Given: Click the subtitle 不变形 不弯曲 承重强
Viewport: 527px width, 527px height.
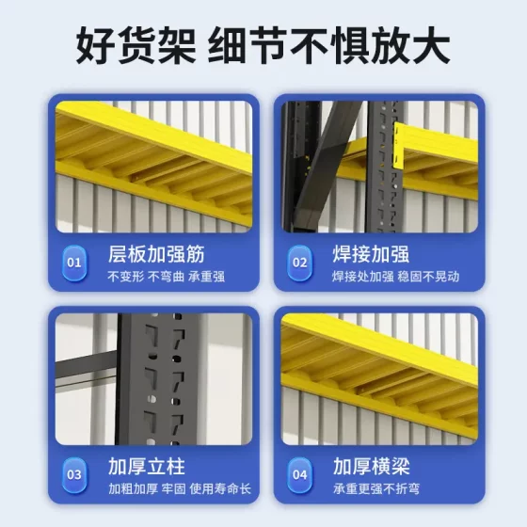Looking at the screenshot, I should click(153, 277).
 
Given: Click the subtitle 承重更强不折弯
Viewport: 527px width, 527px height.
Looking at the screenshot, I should click(374, 489).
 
